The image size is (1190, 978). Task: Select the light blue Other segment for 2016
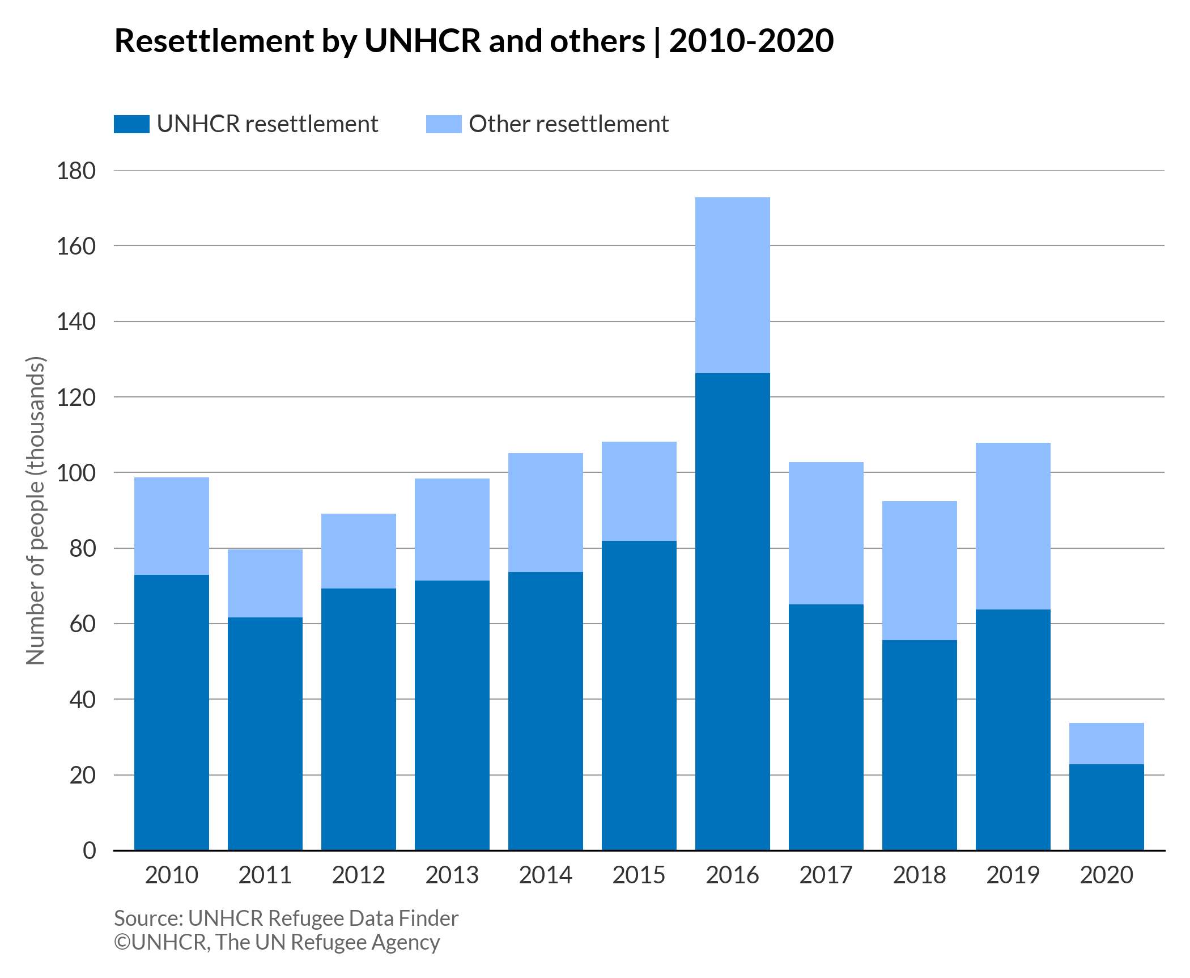tap(732, 285)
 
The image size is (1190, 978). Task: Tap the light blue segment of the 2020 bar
tap(1106, 743)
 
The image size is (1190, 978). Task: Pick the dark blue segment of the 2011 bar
tap(265, 734)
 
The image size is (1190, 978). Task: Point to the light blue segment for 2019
tap(1013, 526)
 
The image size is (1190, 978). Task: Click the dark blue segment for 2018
tap(919, 745)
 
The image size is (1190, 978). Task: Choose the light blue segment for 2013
tap(452, 529)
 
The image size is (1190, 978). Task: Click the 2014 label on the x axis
tap(545, 875)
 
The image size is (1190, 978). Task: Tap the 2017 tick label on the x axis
tap(826, 875)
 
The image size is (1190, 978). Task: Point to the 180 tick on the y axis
tap(76, 171)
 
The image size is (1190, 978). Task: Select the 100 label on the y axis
tap(76, 473)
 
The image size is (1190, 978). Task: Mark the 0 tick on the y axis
tap(90, 850)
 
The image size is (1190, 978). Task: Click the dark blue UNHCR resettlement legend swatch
tap(131, 124)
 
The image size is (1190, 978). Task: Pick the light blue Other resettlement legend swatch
tap(444, 124)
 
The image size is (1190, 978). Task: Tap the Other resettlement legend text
tap(568, 124)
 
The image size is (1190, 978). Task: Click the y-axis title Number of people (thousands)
tap(35, 510)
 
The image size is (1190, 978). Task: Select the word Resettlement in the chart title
tap(214, 41)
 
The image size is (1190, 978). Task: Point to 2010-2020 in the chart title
tap(751, 41)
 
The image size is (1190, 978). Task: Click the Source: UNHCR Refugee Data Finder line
tap(286, 918)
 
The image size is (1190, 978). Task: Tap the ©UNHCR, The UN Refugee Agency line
tap(277, 942)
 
